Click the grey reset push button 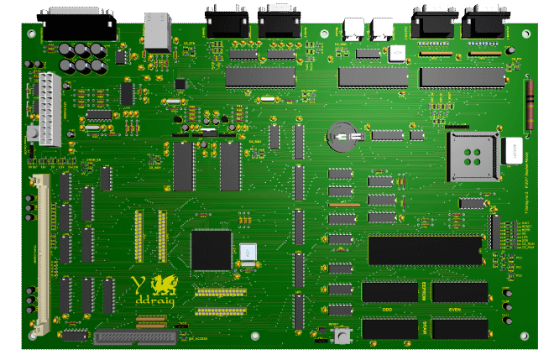[341, 336]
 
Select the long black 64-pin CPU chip [426, 250]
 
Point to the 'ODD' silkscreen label [389, 310]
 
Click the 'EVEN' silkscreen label [454, 310]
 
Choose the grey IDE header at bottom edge [136, 337]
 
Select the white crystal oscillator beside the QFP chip [248, 253]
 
